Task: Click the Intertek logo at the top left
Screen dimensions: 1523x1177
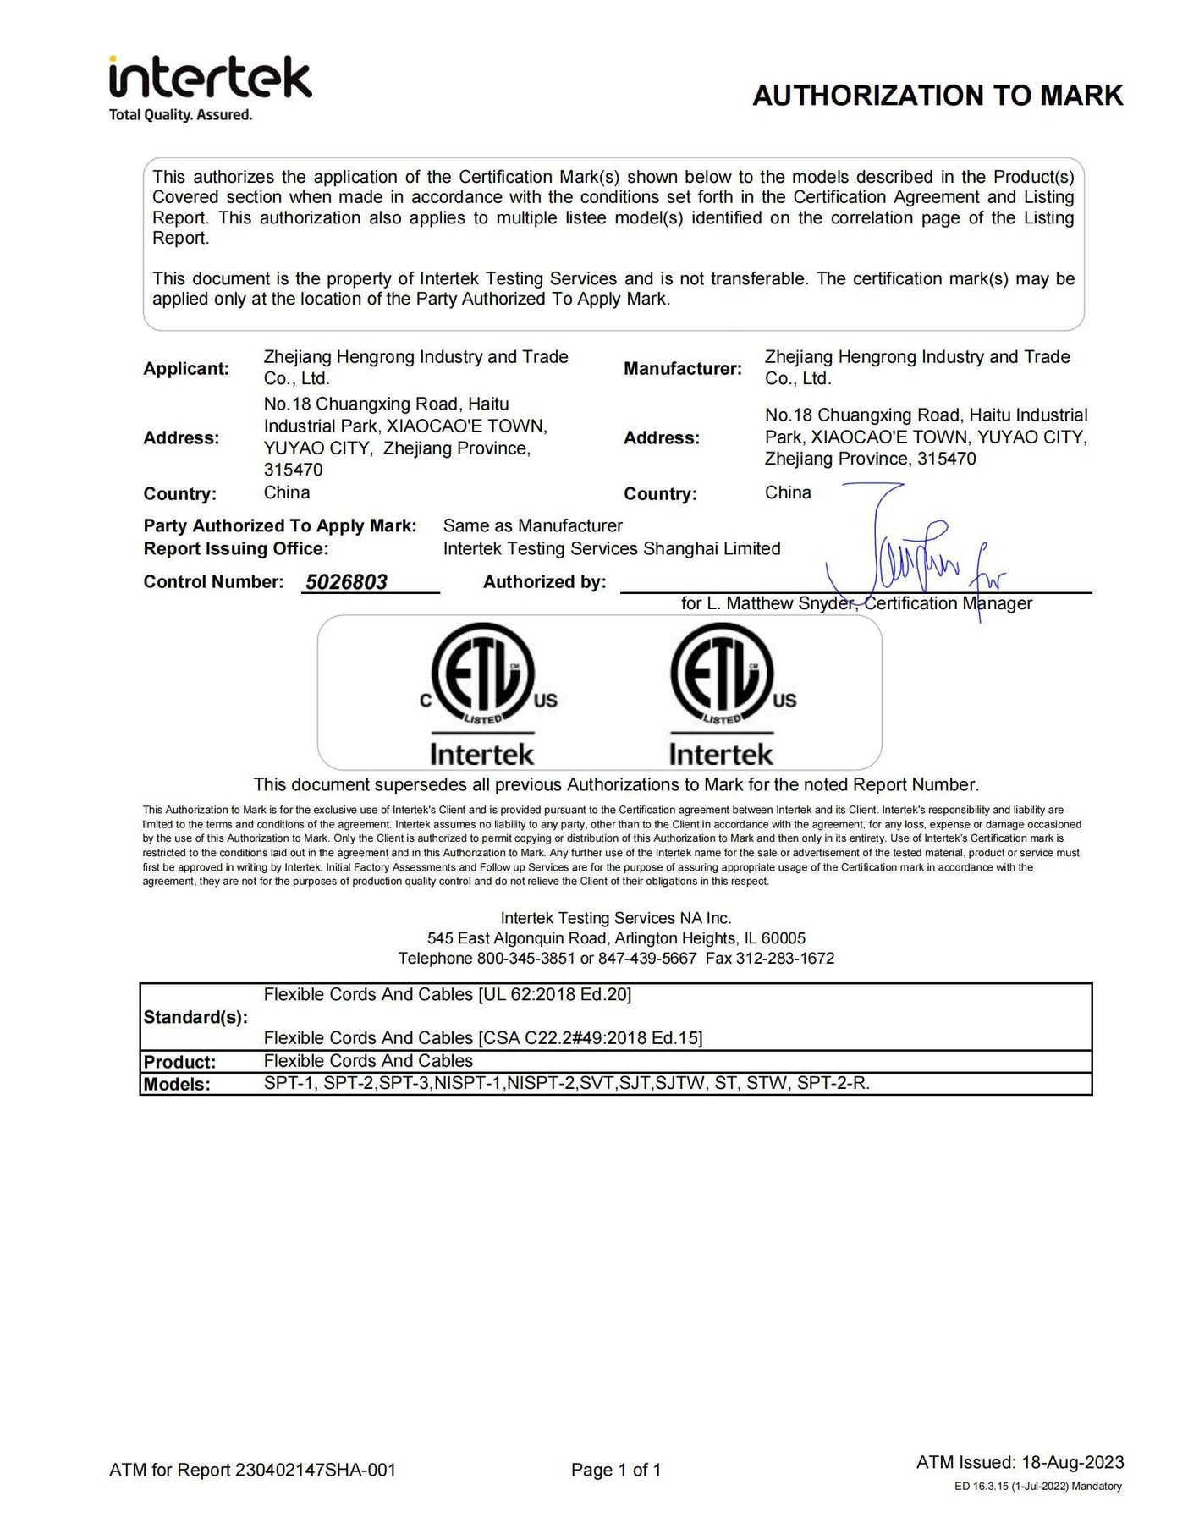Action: tap(210, 87)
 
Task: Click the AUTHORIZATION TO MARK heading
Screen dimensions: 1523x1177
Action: tap(938, 96)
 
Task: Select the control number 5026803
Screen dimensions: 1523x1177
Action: tap(346, 582)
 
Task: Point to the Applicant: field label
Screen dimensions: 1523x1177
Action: tap(186, 369)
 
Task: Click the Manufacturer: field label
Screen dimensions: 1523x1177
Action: tap(682, 369)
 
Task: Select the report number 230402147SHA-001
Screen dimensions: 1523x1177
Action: tap(316, 1470)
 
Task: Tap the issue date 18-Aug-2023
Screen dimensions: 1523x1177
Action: tap(1073, 1462)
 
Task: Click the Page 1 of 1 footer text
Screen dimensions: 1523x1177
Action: tap(616, 1470)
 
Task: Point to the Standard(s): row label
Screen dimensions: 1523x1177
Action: tap(195, 1017)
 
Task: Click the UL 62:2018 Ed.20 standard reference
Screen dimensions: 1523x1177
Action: tap(555, 995)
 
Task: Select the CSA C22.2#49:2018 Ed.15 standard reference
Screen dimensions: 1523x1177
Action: tap(591, 1038)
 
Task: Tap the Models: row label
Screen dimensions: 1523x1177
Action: tap(177, 1085)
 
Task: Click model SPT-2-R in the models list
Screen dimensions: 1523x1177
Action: tap(833, 1083)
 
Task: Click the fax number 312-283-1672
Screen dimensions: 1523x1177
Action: tap(785, 959)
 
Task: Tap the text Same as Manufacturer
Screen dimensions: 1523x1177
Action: tap(532, 526)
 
